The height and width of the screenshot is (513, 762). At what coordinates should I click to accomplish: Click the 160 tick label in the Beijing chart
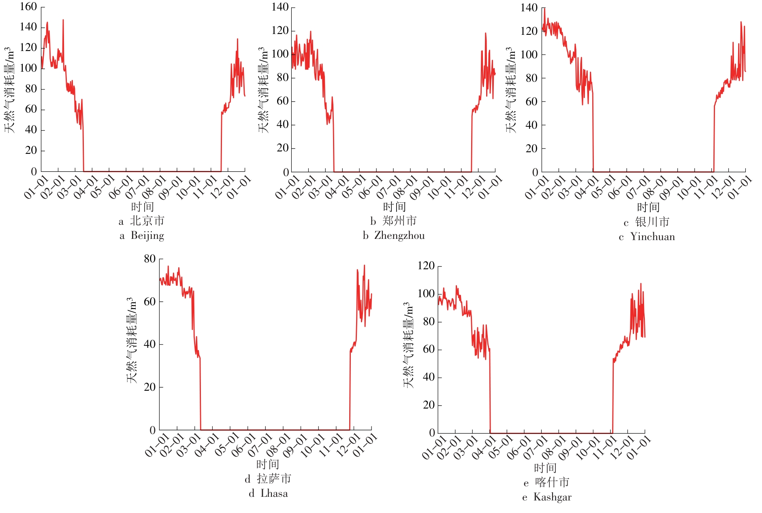point(28,7)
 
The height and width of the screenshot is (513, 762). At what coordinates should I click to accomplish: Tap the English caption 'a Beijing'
point(142,236)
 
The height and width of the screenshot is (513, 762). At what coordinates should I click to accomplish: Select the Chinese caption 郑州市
point(399,221)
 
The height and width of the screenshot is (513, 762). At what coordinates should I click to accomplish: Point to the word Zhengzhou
point(399,236)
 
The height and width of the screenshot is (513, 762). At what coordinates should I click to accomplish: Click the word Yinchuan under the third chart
point(652,237)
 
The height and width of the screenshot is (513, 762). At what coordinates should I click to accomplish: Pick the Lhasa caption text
point(274,494)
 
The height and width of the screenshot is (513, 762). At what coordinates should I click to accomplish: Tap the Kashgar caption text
point(552,497)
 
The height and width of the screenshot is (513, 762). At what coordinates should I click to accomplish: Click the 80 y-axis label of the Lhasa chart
point(150,259)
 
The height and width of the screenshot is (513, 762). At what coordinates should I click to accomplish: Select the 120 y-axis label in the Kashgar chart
point(426,266)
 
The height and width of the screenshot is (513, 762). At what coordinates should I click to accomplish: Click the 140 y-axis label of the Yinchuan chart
point(529,8)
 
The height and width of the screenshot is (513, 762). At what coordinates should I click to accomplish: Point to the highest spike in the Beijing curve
point(63,20)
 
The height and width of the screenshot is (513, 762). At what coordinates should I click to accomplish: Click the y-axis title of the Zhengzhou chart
point(263,90)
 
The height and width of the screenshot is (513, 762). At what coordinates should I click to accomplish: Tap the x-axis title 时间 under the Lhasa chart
point(268,464)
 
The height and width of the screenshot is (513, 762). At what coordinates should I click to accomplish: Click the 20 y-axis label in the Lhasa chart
point(150,387)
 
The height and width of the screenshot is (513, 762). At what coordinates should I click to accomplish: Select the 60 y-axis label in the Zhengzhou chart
point(282,101)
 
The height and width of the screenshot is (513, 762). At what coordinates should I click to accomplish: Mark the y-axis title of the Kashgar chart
point(409,345)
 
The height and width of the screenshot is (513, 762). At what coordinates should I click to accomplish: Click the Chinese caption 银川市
point(652,222)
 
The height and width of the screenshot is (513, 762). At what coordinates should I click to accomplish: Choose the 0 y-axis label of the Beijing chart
point(34,172)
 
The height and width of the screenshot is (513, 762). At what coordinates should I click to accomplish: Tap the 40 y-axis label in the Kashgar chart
point(429,377)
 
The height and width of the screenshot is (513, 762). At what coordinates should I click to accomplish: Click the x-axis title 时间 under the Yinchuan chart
point(648,207)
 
